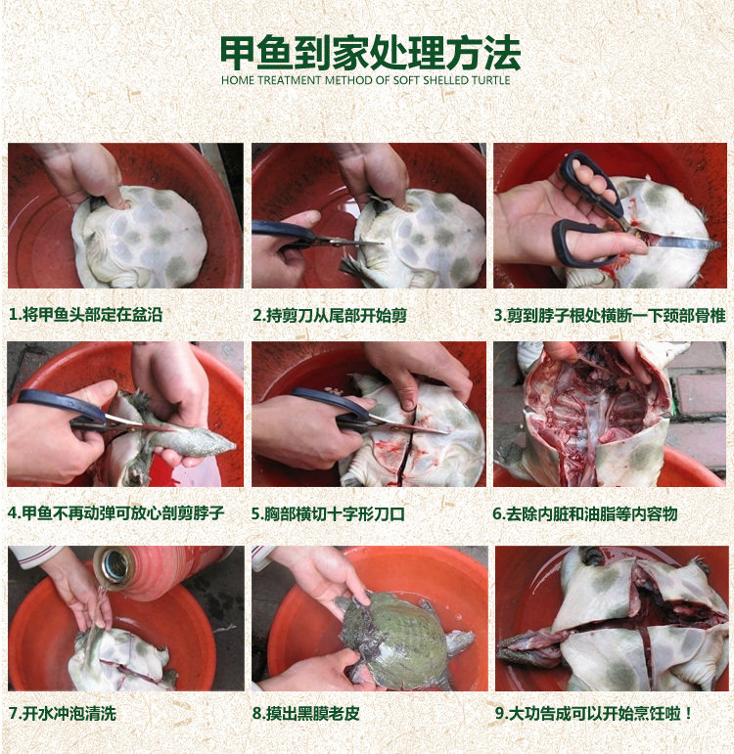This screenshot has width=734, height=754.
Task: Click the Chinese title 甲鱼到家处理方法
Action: (370, 53)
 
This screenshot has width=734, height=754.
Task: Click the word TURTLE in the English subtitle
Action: (490, 80)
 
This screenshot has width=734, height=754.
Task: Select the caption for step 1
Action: (86, 315)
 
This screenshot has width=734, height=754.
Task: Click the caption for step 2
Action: (330, 316)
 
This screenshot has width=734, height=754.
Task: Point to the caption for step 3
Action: (610, 316)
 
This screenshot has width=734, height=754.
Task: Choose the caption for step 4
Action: (116, 513)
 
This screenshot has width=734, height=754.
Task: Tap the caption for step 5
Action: (328, 514)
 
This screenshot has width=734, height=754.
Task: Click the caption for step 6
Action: (585, 514)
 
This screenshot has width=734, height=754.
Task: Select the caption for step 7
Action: (63, 713)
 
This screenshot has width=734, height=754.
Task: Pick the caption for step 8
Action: (306, 713)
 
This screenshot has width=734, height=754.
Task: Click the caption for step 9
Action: (593, 713)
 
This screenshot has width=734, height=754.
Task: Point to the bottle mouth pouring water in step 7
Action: (113, 566)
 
